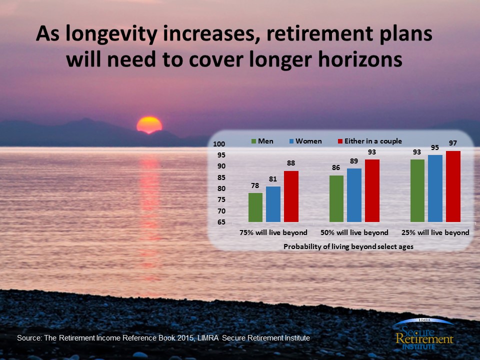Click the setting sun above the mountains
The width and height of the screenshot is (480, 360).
point(149,125)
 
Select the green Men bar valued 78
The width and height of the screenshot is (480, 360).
point(255,207)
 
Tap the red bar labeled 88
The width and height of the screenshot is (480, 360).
point(291,196)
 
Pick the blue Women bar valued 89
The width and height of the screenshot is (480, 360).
point(354,195)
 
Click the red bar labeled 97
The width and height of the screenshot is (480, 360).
point(453,186)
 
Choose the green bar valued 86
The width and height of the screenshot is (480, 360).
point(336,198)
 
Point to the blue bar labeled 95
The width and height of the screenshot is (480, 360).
point(435,188)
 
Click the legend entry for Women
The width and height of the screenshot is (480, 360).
point(305,141)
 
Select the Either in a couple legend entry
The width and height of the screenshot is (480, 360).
point(370,141)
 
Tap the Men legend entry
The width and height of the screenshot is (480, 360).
point(262,141)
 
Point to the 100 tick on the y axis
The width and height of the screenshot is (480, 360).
point(219,144)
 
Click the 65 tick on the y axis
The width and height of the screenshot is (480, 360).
point(221,222)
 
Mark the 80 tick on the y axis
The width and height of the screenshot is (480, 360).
point(221,188)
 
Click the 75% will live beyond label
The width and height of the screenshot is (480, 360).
point(273,232)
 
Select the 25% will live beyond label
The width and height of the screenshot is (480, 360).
point(435,232)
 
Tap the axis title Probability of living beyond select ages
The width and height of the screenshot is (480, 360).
point(348,246)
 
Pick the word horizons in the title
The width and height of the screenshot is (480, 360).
point(360,59)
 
